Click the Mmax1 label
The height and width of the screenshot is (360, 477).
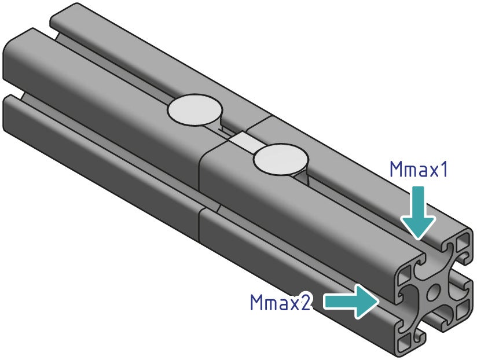pos(419,170)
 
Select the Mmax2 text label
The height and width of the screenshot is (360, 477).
pos(281,302)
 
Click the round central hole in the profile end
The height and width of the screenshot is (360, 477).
pos(432,294)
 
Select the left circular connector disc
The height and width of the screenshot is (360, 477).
pos(195,110)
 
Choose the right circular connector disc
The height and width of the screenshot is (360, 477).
pos(280,159)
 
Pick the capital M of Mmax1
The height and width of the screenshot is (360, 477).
pos(397,170)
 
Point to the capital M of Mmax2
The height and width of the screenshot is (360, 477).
pos(258,302)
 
